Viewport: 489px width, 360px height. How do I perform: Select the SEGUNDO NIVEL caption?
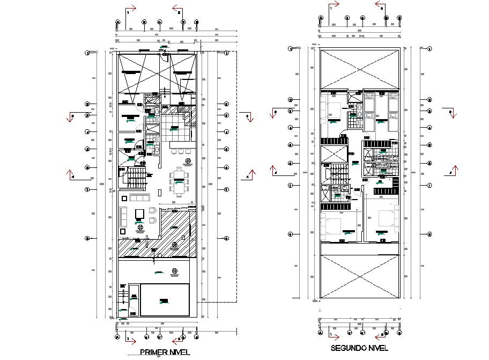click(x=359, y=348)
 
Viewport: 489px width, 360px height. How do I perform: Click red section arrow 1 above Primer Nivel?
click(x=131, y=9)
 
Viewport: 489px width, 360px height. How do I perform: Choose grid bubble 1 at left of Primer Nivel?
click(x=86, y=53)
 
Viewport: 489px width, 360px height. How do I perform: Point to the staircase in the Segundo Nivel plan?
click(x=335, y=174)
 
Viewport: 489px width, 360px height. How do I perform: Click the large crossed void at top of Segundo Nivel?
click(x=359, y=68)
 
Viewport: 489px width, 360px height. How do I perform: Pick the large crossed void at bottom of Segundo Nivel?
click(x=359, y=275)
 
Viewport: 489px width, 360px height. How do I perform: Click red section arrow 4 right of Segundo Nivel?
click(x=454, y=171)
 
